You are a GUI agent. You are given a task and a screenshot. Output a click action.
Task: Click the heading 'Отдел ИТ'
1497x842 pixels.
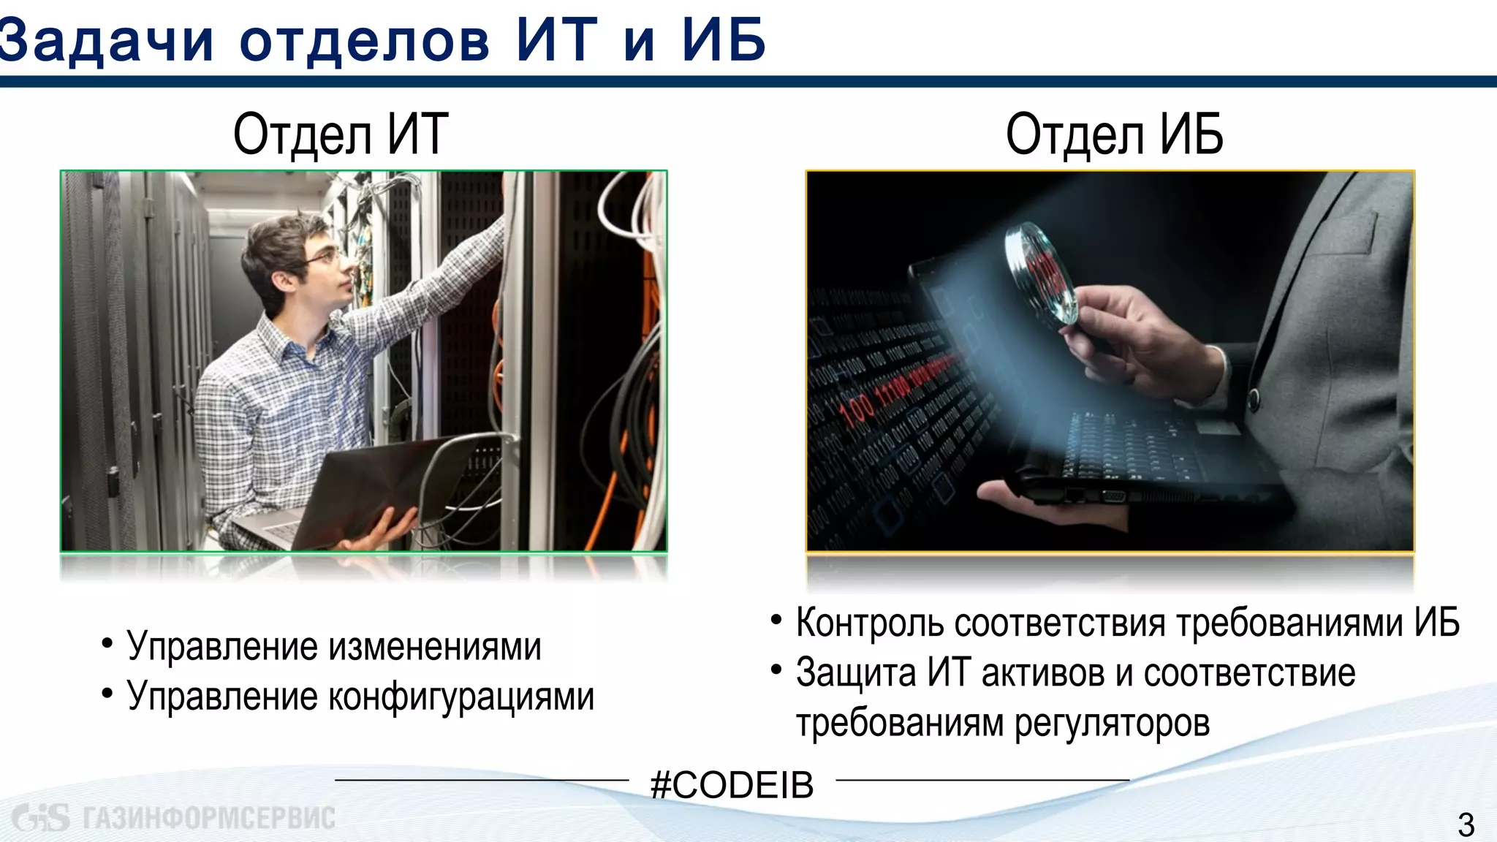[x=341, y=134]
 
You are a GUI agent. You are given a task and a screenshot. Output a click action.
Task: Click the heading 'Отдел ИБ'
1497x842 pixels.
[x=1114, y=134]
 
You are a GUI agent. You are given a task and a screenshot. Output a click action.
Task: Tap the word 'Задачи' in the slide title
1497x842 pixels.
[x=106, y=39]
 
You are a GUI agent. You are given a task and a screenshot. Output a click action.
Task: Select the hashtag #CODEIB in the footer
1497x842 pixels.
[x=732, y=785]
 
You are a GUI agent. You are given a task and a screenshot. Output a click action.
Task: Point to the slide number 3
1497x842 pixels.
[x=1466, y=825]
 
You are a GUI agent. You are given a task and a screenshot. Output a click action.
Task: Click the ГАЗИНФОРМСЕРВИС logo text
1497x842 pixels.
[x=208, y=818]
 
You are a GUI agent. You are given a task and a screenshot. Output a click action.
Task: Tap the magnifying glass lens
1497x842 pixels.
[x=1042, y=273]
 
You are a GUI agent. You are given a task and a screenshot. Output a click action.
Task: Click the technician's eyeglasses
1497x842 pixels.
[x=326, y=257]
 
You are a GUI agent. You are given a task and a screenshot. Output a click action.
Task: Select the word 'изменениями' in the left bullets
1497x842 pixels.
[x=435, y=647]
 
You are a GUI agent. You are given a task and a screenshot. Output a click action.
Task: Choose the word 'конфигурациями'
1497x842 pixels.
[x=461, y=697]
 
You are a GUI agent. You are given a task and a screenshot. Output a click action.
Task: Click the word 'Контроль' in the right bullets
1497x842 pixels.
[x=870, y=623]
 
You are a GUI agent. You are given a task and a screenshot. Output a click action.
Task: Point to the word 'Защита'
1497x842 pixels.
[x=855, y=673]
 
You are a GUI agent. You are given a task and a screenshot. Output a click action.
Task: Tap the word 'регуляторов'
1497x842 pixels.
[x=1112, y=723]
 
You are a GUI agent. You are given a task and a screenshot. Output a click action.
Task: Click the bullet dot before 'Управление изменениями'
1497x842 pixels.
[x=107, y=644]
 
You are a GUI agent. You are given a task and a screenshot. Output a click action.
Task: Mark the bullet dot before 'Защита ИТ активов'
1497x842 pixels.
[x=776, y=670]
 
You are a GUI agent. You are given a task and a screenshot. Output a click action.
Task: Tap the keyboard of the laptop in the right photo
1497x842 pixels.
[x=1140, y=446]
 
